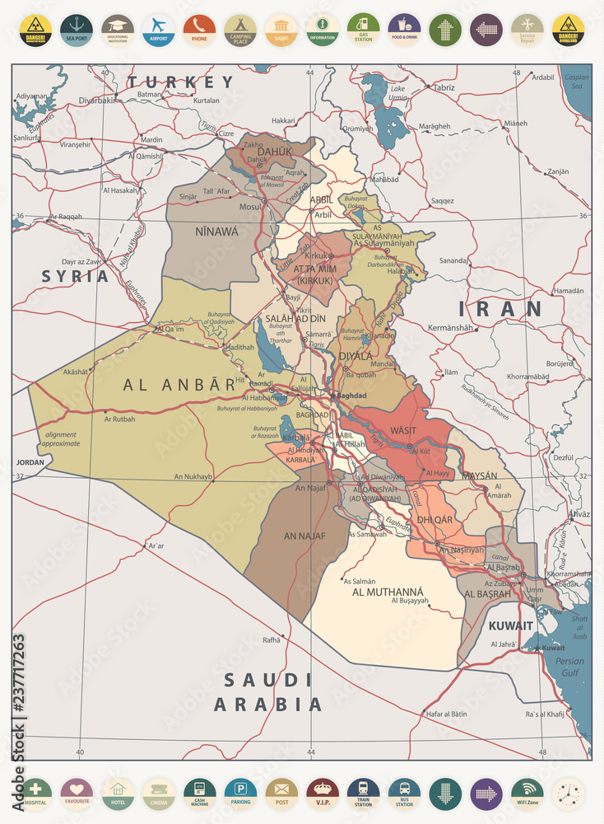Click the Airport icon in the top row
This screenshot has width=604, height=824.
(x=158, y=30)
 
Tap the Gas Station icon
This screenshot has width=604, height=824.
(x=363, y=30)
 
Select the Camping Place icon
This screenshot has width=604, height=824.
(x=240, y=30)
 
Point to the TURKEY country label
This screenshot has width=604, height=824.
(x=181, y=82)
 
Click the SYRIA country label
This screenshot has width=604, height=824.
(x=76, y=276)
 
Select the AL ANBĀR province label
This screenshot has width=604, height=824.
(x=179, y=384)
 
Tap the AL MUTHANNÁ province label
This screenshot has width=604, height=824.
(x=388, y=592)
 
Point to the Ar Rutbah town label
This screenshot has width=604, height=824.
(x=119, y=419)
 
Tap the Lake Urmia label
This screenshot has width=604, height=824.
(x=397, y=92)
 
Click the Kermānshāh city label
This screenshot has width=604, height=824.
(x=452, y=328)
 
